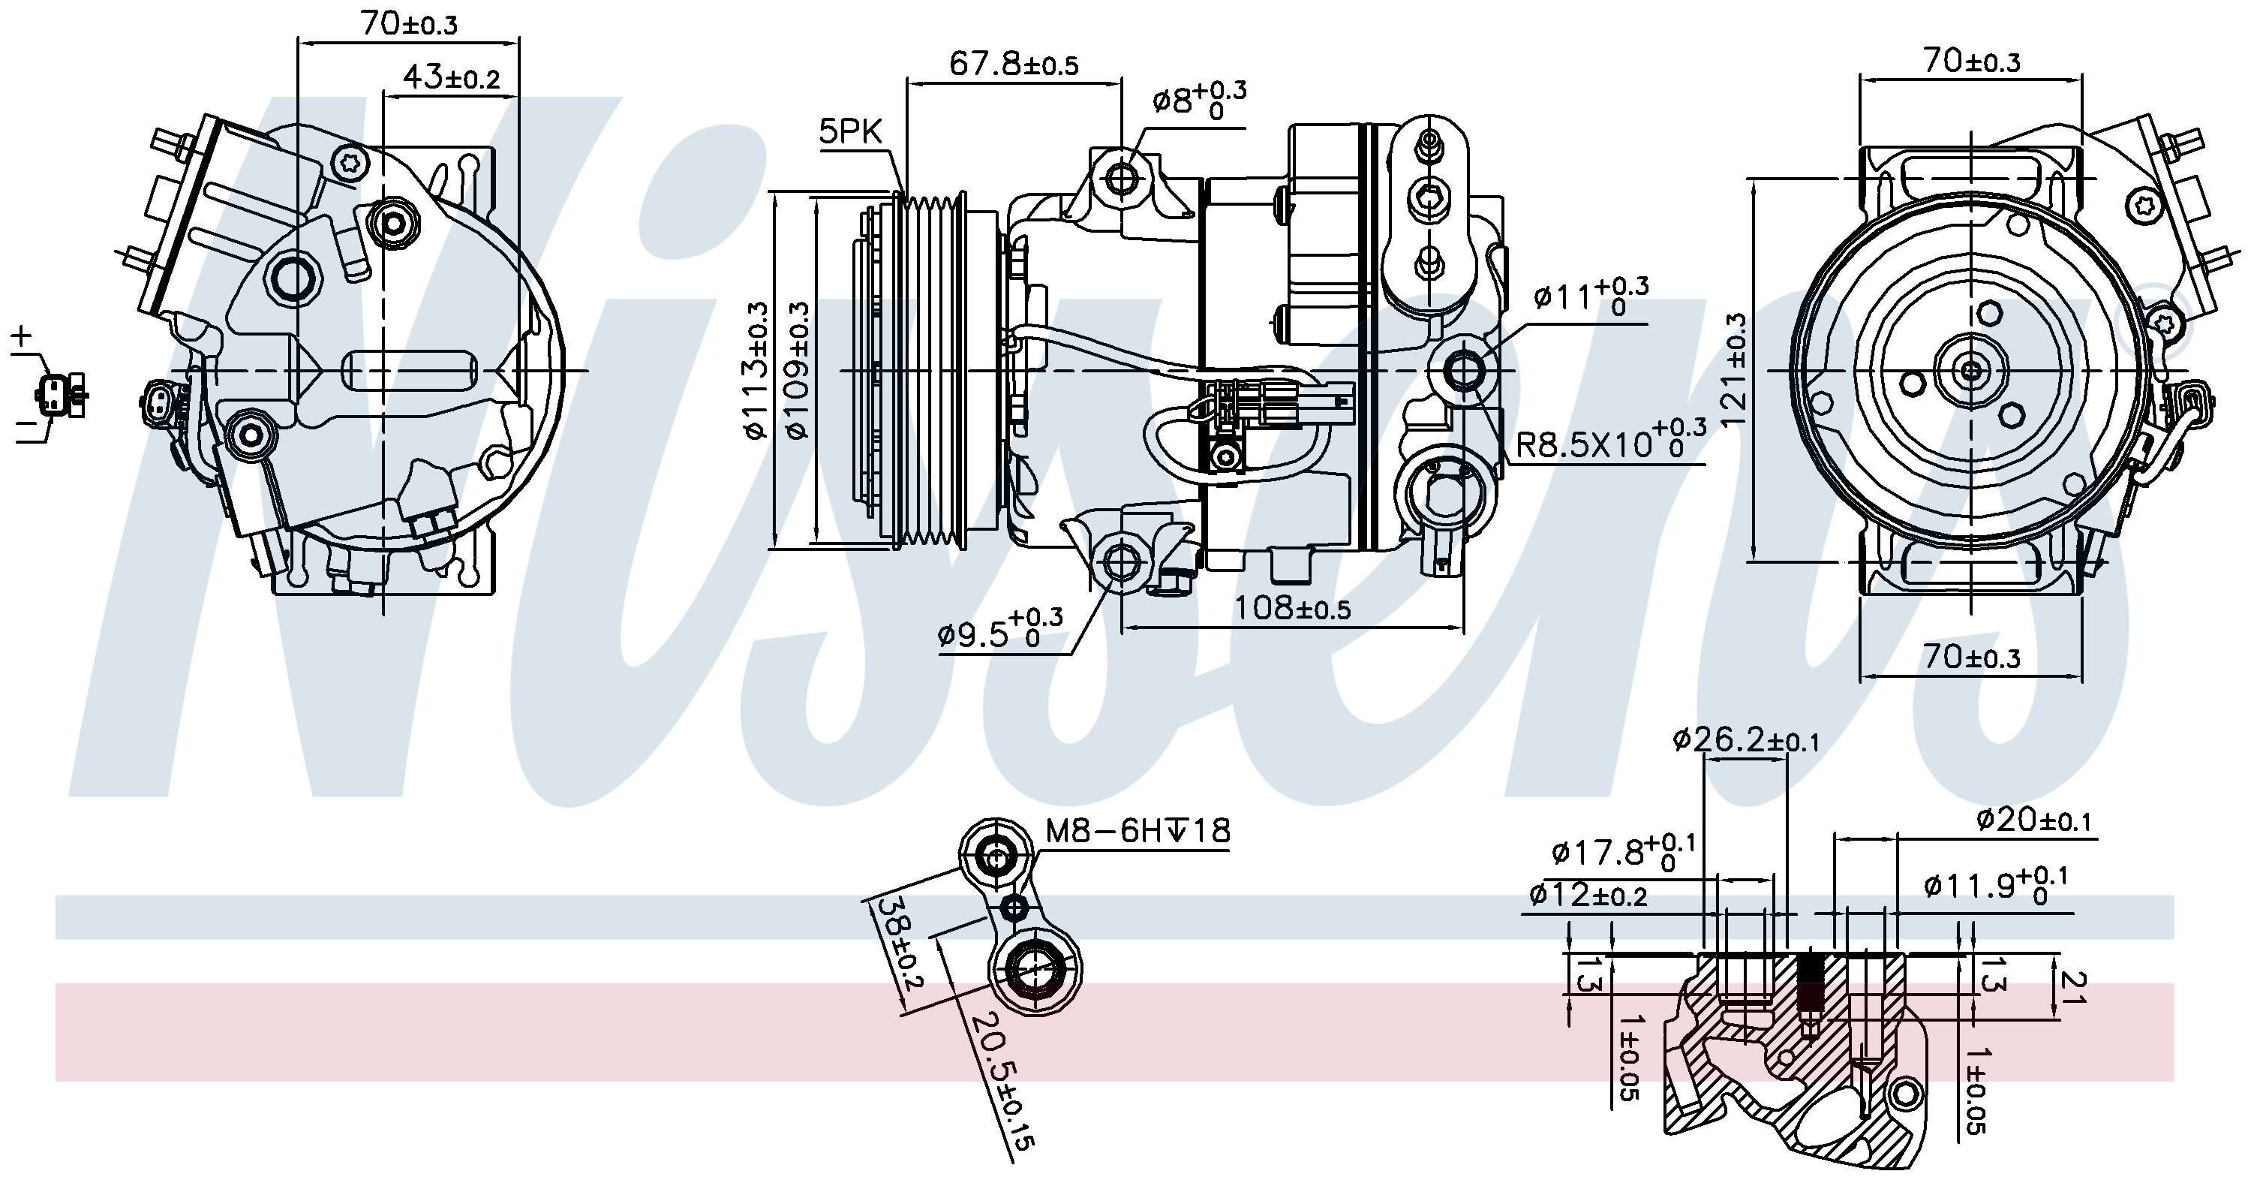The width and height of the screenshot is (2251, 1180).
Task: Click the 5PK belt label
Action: coord(851,131)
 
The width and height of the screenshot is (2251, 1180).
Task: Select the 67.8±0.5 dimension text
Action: coord(1014,63)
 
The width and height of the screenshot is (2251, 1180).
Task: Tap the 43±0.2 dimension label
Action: coord(451,78)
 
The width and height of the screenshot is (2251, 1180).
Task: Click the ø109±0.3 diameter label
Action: coord(798,369)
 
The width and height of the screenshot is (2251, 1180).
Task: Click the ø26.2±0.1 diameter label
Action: coord(1745,740)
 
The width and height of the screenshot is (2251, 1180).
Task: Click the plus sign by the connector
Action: coord(21,335)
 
